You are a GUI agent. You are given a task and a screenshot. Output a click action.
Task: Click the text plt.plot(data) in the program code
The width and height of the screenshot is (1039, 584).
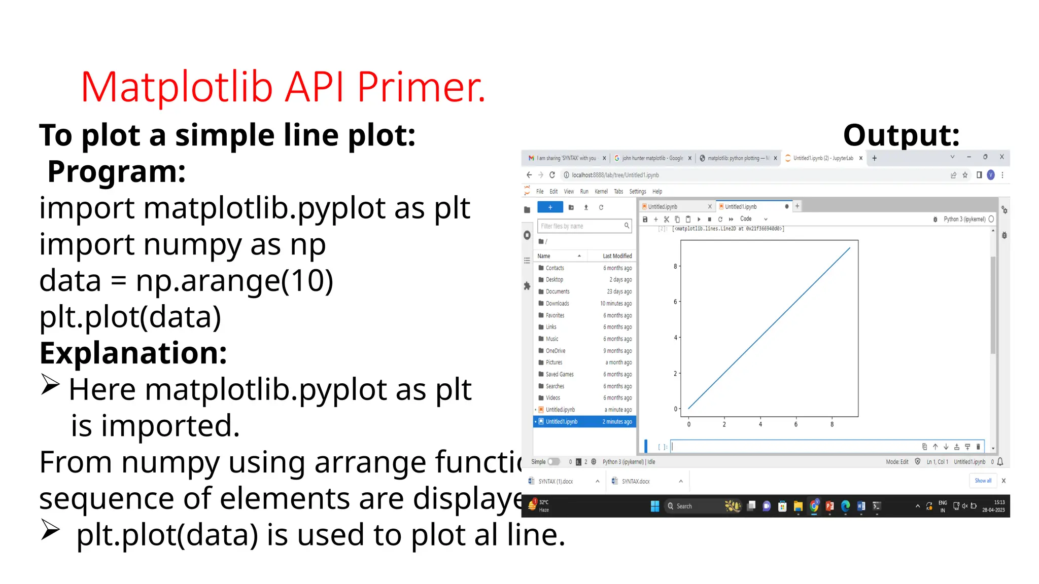click(x=130, y=317)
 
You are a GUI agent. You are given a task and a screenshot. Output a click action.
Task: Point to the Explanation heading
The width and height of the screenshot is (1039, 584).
click(x=133, y=353)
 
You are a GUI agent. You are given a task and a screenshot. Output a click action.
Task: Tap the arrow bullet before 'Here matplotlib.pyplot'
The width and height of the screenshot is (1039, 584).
click(x=50, y=385)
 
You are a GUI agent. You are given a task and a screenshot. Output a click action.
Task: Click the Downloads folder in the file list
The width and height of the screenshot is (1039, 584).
click(x=557, y=304)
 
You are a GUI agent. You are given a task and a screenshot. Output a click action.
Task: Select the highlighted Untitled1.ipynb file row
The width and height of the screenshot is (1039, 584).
click(x=583, y=422)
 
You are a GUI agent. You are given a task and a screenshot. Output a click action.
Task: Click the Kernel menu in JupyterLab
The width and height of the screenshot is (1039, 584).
click(x=601, y=192)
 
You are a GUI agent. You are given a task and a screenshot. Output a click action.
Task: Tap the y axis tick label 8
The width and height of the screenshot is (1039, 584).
click(x=675, y=266)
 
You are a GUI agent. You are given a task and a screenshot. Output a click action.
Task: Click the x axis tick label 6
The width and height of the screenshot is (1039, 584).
click(x=795, y=424)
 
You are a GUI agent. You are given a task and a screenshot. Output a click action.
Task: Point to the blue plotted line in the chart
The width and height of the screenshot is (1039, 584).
click(x=769, y=328)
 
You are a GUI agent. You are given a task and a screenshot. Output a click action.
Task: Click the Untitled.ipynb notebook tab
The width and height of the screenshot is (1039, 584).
click(x=663, y=207)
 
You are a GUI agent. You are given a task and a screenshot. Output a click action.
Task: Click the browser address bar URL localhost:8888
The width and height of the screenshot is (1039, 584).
click(x=615, y=175)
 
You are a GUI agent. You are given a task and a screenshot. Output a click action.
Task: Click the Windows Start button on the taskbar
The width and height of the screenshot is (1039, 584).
click(x=654, y=506)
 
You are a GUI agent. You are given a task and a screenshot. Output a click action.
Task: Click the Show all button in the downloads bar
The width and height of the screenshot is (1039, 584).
click(x=983, y=481)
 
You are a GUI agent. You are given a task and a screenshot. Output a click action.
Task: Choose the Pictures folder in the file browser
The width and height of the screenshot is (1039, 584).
click(x=553, y=362)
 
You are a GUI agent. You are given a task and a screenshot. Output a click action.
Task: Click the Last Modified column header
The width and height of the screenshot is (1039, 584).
click(x=617, y=256)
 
